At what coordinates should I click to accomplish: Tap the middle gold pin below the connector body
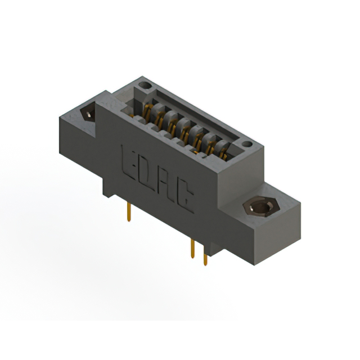click(193, 247)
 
